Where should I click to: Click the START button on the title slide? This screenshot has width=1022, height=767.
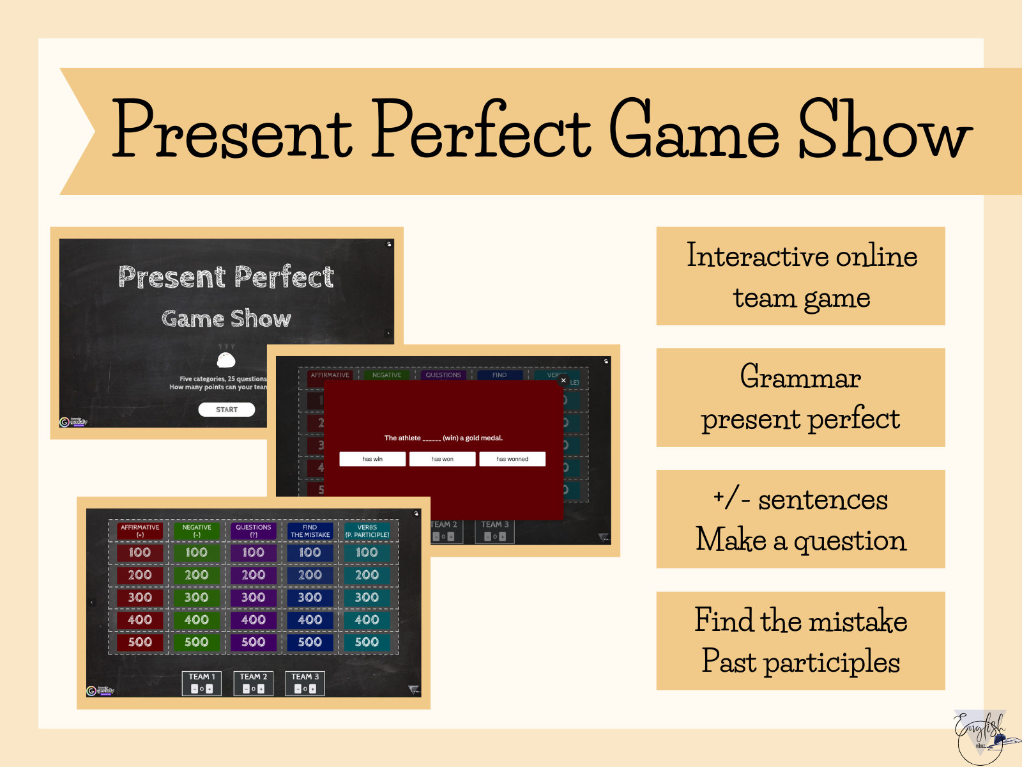coord(226,410)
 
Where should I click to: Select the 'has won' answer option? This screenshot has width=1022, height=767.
coord(442,459)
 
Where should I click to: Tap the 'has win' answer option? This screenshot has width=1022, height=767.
coord(372,459)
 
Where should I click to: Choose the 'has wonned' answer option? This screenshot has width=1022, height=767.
coord(512,459)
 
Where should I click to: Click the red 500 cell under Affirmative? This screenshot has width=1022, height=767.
coord(140,642)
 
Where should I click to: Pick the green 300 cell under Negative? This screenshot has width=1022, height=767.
coord(196,597)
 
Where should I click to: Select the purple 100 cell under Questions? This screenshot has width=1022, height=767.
coord(253,552)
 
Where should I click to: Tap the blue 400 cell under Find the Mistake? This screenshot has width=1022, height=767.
coord(310,619)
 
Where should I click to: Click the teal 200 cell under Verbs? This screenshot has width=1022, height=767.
coord(367,575)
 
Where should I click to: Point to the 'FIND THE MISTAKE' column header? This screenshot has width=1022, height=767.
coord(310,531)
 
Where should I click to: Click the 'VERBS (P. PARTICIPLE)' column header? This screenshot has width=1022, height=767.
coord(367,531)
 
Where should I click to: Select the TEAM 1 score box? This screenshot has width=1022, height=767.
coord(202,683)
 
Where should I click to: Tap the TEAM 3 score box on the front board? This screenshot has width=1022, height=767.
coord(305,683)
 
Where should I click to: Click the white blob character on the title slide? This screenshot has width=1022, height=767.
coord(226,360)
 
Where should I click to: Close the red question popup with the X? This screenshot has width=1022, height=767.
coord(563,380)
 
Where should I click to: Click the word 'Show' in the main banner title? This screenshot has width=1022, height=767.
coord(885,131)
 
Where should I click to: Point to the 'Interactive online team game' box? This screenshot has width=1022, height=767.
coord(800,276)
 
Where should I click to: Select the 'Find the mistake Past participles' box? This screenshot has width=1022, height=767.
coord(800,640)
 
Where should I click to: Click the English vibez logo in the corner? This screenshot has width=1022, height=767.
coord(980,735)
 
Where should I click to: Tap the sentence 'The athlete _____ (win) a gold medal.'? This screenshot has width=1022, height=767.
coord(443,438)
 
